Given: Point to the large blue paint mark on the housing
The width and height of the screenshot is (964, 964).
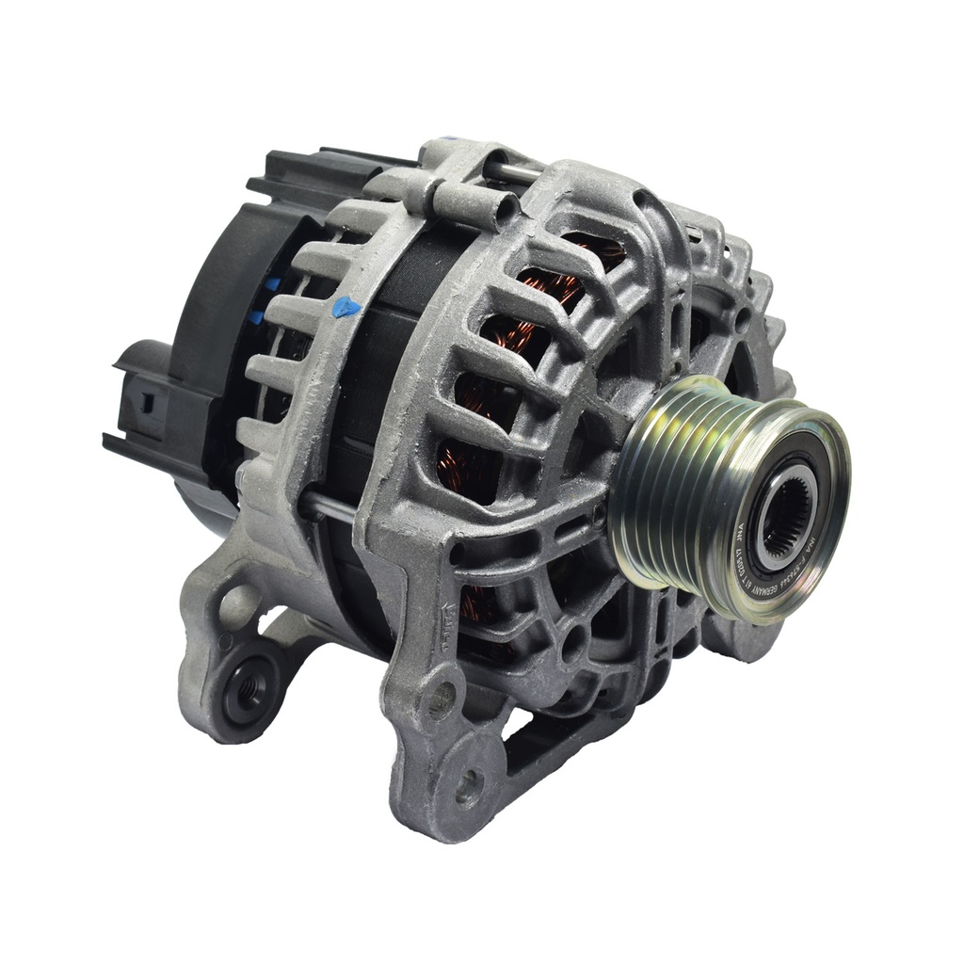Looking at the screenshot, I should (345, 308).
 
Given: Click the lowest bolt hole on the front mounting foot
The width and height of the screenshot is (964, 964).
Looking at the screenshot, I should (468, 786).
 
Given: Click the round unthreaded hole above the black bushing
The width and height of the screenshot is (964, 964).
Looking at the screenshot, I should (235, 602).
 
